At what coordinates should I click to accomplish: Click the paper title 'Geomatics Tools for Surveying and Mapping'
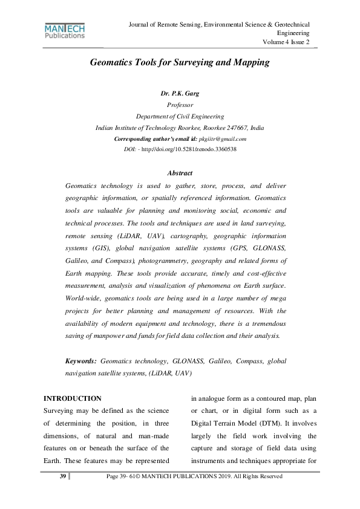pyautogui.click(x=180, y=62)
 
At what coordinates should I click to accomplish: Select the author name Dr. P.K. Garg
pyautogui.click(x=180, y=94)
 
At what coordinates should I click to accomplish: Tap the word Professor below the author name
pyautogui.click(x=180, y=105)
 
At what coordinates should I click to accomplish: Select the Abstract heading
pyautogui.click(x=180, y=173)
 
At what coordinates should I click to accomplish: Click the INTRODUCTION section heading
pyautogui.click(x=73, y=399)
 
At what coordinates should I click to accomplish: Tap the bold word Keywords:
pyautogui.click(x=81, y=361)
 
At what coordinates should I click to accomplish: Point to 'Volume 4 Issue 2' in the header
pyautogui.click(x=286, y=42)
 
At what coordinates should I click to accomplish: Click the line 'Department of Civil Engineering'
pyautogui.click(x=180, y=117)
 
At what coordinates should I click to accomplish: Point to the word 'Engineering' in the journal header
pyautogui.click(x=293, y=33)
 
